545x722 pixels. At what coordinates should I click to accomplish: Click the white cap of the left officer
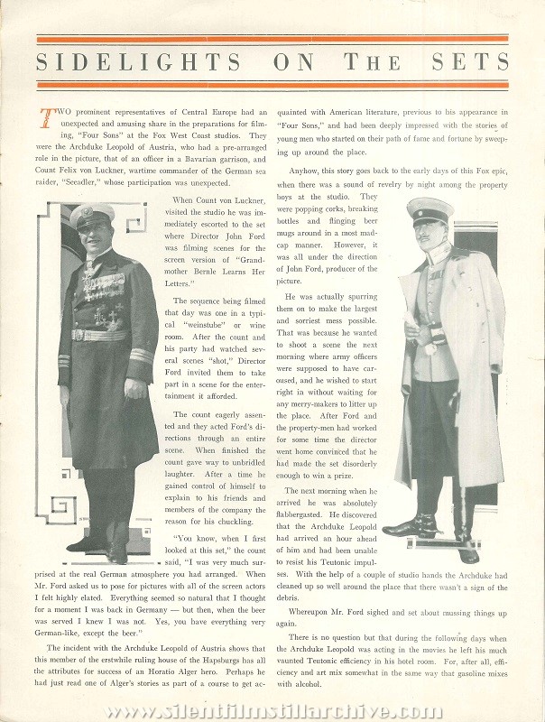pos(96,215)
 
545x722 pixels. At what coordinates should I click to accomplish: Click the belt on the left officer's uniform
pos(99,335)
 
